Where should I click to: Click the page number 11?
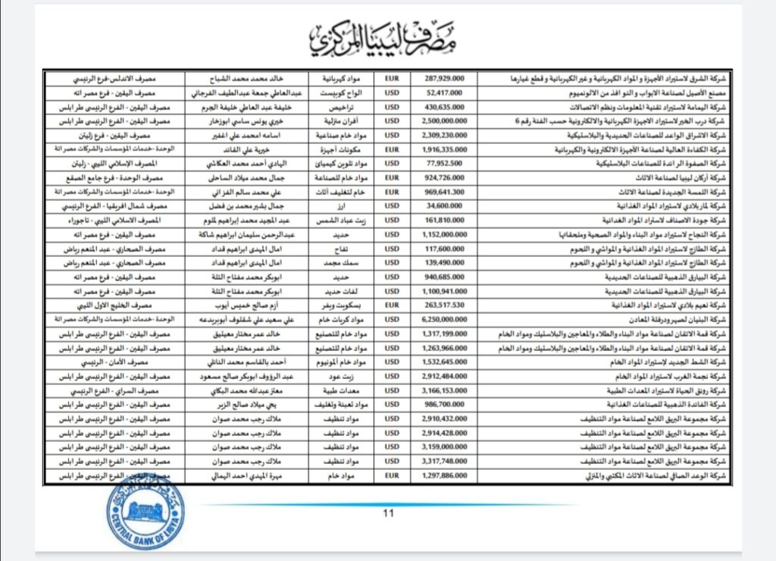(x=389, y=513)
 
